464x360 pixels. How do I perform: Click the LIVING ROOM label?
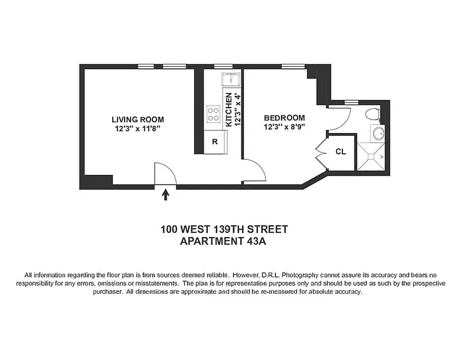pyautogui.click(x=138, y=120)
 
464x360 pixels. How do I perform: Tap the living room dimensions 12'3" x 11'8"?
pyautogui.click(x=138, y=128)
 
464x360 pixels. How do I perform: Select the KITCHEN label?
pyautogui.click(x=228, y=109)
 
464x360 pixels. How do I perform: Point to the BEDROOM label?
pyautogui.click(x=284, y=118)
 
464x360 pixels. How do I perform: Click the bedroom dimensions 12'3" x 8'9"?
pyautogui.click(x=284, y=127)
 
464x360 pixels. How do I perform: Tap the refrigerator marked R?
pyautogui.click(x=215, y=142)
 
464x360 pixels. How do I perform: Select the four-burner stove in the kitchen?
pyautogui.click(x=213, y=113)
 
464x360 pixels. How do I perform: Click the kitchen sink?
pyautogui.click(x=231, y=80)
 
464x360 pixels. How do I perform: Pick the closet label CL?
pyautogui.click(x=341, y=152)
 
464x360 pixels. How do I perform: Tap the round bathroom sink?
pyautogui.click(x=378, y=133)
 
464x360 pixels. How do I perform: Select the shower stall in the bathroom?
pyautogui.click(x=371, y=157)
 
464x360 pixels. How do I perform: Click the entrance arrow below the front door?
pyautogui.click(x=165, y=194)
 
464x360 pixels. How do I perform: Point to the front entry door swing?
pyautogui.click(x=164, y=173)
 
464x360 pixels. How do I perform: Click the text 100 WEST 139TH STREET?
pyautogui.click(x=224, y=229)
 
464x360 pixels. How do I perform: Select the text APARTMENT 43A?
pyautogui.click(x=223, y=241)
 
